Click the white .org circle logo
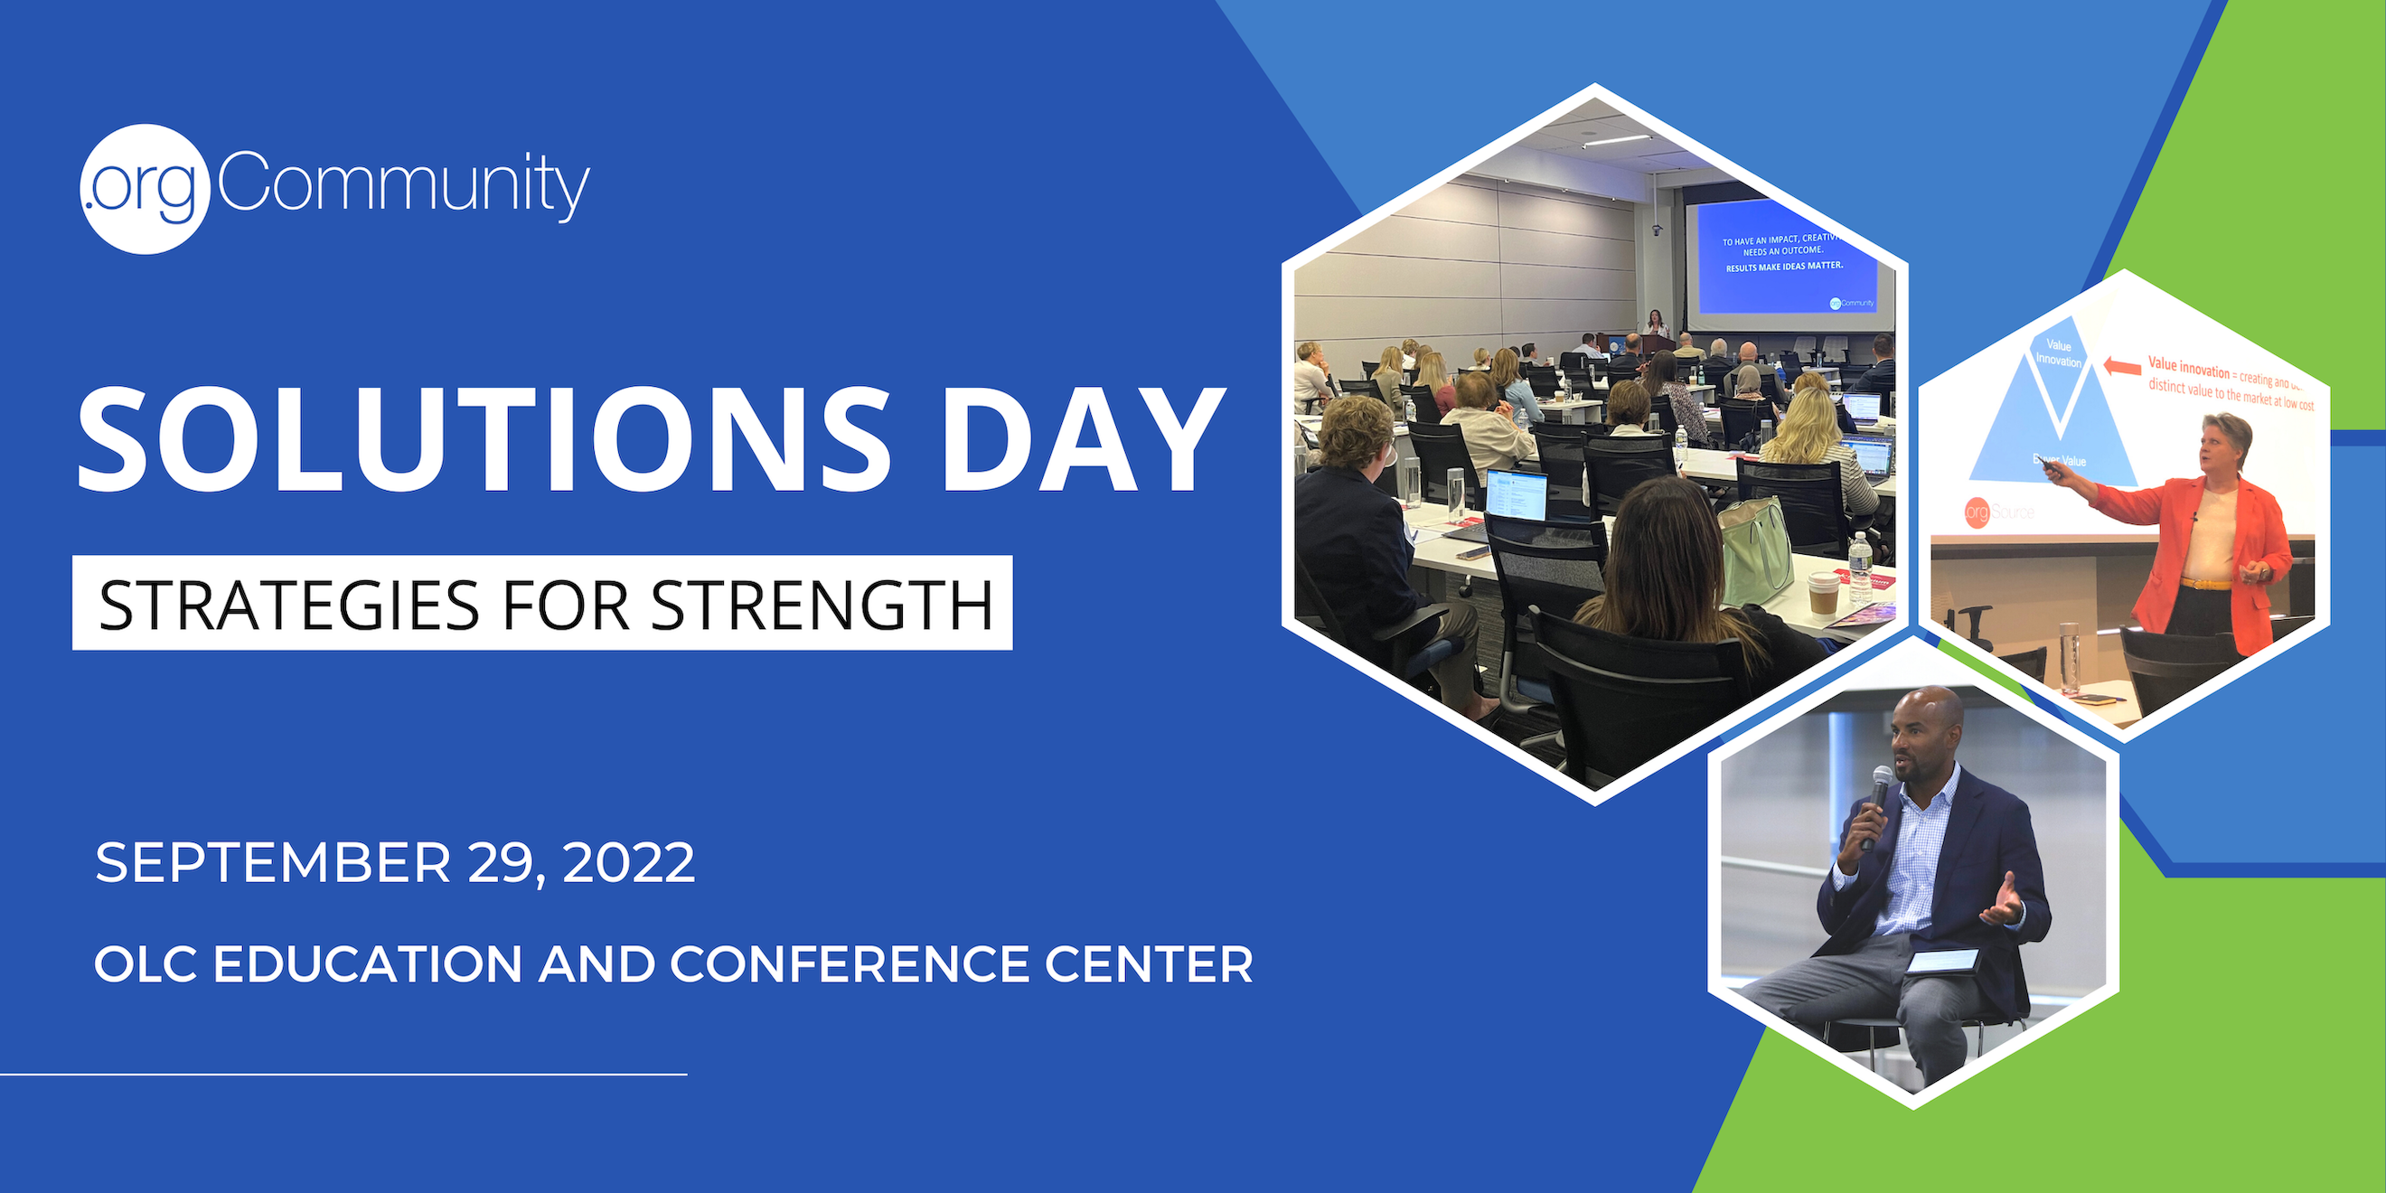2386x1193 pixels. pos(145,189)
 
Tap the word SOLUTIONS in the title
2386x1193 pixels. pos(482,439)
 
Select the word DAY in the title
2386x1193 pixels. pos(1082,439)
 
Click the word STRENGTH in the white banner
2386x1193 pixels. pos(821,604)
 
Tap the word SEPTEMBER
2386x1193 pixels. pos(272,862)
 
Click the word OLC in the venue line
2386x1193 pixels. pos(146,964)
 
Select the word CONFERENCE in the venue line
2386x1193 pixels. pos(850,964)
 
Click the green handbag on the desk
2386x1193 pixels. pos(1754,552)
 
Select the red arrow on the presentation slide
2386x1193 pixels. pos(2122,367)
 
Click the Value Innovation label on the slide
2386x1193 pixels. pos(2058,352)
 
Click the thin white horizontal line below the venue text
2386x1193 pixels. pos(343,1075)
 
